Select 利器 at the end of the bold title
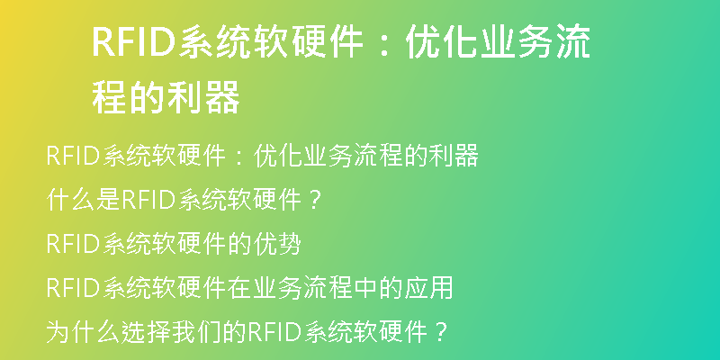[x=203, y=97]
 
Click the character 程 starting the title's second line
[x=110, y=97]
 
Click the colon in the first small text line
[x=239, y=157]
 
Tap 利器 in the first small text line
[x=454, y=155]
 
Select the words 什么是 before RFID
[x=84, y=200]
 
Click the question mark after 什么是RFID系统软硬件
[x=313, y=201]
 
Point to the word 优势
[x=277, y=244]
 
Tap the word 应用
[x=428, y=288]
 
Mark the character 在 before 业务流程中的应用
[x=239, y=288]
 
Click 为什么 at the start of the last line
[x=84, y=332]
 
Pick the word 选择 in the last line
[x=146, y=332]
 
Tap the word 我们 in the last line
[x=196, y=332]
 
